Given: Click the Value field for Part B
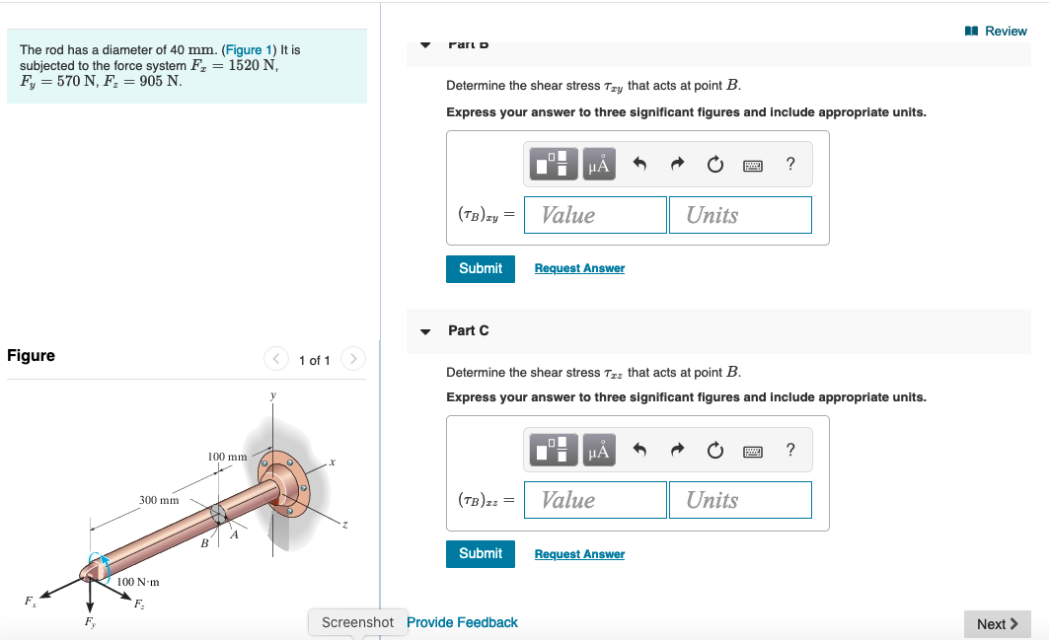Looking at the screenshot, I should click(595, 215).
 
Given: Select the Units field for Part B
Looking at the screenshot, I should click(740, 215).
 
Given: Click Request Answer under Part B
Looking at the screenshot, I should click(579, 268).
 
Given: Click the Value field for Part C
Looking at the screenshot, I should click(595, 500).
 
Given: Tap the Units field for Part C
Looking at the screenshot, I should click(740, 500).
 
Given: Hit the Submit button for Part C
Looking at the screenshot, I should click(481, 553).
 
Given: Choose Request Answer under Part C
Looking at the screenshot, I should click(579, 554).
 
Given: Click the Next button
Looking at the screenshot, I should click(997, 624).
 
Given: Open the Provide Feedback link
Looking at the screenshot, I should click(462, 622).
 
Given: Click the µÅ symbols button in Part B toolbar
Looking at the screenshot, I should click(599, 165).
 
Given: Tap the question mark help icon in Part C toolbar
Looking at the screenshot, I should click(790, 450).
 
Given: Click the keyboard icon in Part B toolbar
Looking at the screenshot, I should click(753, 165).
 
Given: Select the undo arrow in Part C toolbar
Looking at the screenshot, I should click(639, 450).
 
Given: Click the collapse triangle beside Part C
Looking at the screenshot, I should click(425, 331).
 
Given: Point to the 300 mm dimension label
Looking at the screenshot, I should click(159, 501).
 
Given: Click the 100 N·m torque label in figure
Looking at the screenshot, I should click(138, 583).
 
